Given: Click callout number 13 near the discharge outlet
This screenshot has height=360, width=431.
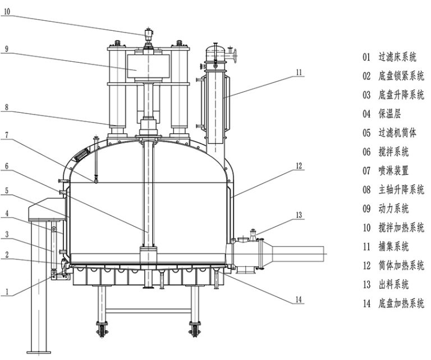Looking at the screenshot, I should tap(299, 215).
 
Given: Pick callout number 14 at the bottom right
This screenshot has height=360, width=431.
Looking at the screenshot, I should tap(299, 300).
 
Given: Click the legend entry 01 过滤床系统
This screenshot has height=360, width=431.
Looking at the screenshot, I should tap(393, 57).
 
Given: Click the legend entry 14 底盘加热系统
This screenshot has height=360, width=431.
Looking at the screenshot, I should tap(393, 303).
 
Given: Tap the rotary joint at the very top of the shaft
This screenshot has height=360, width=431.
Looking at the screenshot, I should tap(149, 37).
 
